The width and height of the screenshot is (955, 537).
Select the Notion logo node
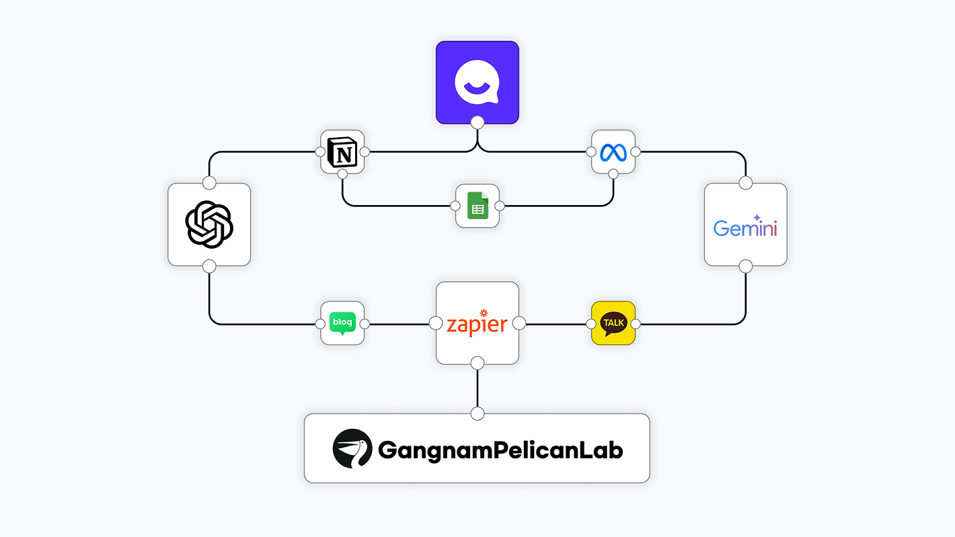coord(343,152)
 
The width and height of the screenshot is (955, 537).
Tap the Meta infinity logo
coord(613,152)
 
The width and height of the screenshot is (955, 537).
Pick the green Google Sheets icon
coord(477,205)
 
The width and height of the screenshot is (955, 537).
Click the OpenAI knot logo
coord(209,224)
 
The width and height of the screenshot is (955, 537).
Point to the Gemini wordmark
coord(745,228)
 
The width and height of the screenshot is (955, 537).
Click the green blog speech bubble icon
coord(342,323)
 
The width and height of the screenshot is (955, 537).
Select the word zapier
coord(477,325)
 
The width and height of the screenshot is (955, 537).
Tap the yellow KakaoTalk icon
coord(613,323)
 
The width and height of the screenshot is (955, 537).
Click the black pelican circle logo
coord(352,448)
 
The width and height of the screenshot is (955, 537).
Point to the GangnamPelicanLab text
coord(500,449)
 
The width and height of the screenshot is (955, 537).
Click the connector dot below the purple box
coord(477,122)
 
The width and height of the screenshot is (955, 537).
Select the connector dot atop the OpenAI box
coord(209,183)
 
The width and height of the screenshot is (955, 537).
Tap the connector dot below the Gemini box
coord(745,266)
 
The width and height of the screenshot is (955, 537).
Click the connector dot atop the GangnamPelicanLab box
coord(477,413)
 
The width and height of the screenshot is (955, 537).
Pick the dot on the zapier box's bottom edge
coord(477,364)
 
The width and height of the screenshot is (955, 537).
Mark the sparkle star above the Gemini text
coord(757,218)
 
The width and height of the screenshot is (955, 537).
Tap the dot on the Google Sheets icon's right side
coord(500,205)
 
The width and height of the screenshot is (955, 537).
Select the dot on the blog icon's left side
coord(320,323)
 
